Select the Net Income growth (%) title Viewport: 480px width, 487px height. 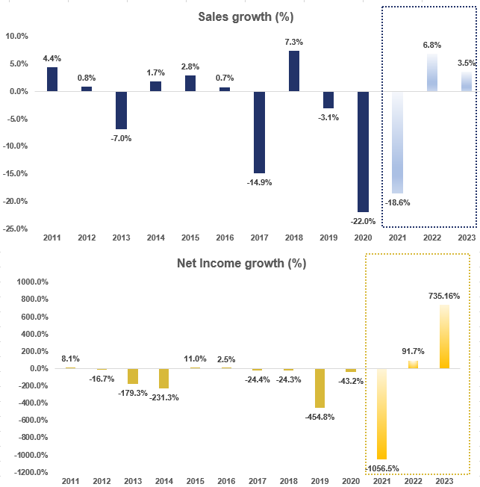241,264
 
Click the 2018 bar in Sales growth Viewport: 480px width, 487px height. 294,71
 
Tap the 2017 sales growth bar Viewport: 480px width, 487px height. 258,132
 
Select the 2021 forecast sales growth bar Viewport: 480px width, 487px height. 398,142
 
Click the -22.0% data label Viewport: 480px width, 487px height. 362,220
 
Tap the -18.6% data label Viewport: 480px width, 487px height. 398,202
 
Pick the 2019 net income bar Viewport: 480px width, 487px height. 320,388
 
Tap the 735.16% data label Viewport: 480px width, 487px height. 444,296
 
